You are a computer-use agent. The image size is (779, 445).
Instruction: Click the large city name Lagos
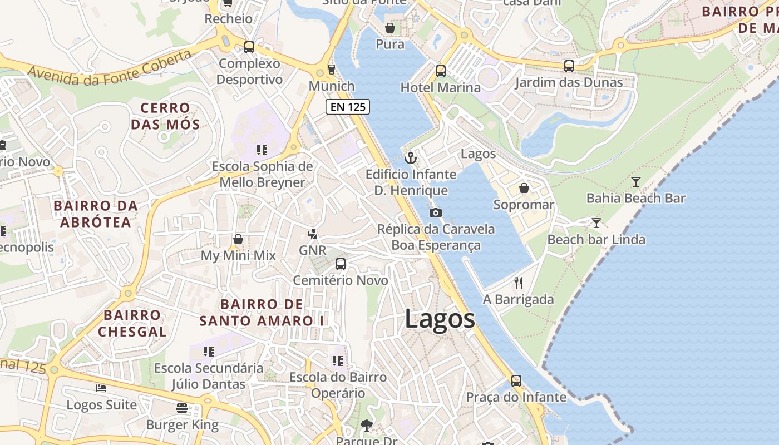click(x=440, y=319)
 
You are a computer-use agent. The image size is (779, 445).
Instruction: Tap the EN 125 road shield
click(x=348, y=107)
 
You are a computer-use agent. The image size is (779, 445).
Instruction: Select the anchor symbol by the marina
click(x=411, y=158)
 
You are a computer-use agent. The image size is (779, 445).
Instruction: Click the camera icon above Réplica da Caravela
click(x=436, y=212)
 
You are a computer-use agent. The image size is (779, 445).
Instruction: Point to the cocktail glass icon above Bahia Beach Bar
click(x=636, y=181)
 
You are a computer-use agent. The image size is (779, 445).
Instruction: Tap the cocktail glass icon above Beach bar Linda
click(x=596, y=223)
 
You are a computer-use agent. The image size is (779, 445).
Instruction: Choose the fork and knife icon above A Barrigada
click(x=519, y=283)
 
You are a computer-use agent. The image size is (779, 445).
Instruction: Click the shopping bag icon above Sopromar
click(x=524, y=188)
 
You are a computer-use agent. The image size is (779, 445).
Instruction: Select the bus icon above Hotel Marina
click(x=441, y=71)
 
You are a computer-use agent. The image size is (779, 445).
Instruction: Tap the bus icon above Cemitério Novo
click(x=341, y=264)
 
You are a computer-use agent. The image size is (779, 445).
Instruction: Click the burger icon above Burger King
click(x=182, y=408)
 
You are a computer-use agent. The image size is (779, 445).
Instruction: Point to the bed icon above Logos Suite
click(x=101, y=388)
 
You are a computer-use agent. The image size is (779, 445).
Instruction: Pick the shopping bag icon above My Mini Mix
click(x=238, y=239)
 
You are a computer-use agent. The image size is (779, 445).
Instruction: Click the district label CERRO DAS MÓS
click(x=165, y=116)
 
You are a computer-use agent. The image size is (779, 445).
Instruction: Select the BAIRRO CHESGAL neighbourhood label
click(x=132, y=323)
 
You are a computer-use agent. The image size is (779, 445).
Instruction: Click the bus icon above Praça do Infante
click(x=516, y=381)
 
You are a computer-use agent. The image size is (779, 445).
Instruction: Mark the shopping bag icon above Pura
click(x=390, y=27)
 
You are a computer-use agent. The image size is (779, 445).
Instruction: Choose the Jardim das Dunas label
click(x=569, y=82)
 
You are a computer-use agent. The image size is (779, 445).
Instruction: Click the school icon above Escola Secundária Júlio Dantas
click(x=209, y=352)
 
